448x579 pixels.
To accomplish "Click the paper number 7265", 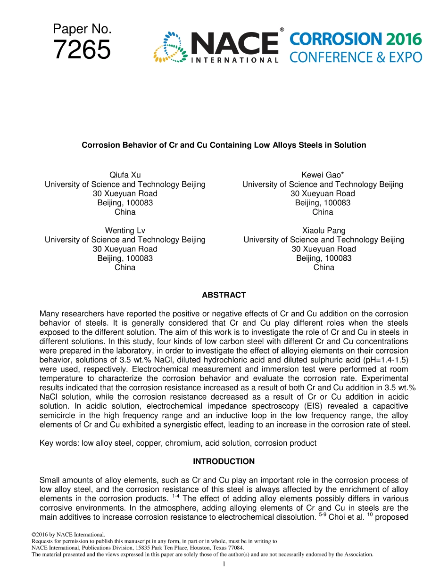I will coord(82,50).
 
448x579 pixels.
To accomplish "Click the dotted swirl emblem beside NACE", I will coord(171,47).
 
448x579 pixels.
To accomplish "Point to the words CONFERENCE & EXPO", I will coord(356,57).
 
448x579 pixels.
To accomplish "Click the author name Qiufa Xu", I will coord(125,175).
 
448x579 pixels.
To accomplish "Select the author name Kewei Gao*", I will coord(323,175).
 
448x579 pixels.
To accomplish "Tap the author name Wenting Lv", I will coord(125,231).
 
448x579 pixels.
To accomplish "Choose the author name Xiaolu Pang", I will coord(324,231).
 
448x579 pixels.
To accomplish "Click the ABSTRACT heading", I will coord(224,295).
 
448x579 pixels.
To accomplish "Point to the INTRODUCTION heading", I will coord(224,462).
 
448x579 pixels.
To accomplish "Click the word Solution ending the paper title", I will coord(350,145).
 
